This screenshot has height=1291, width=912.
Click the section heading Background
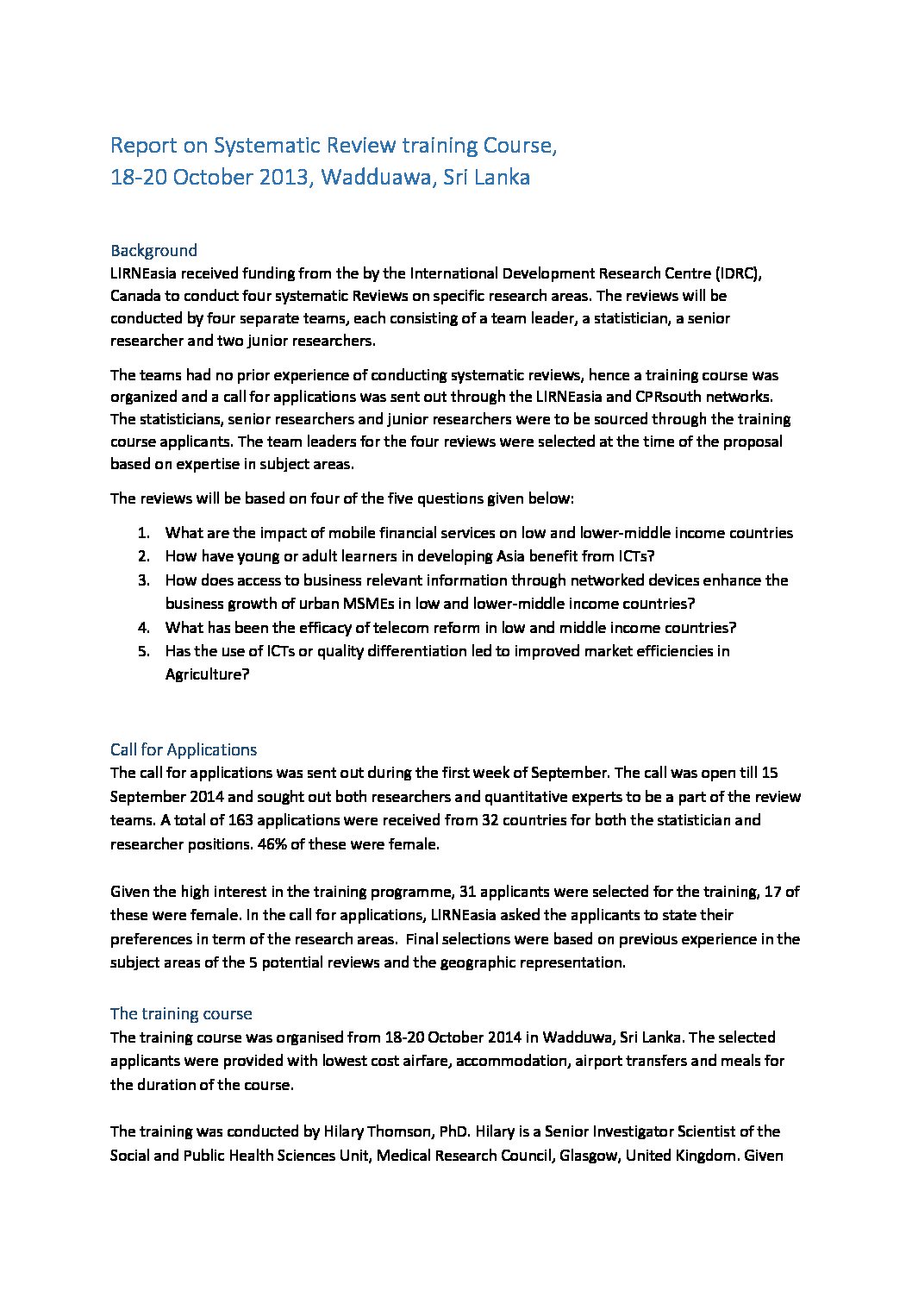click(x=153, y=251)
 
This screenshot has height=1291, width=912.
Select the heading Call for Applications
click(x=184, y=749)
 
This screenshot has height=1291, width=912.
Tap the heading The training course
click(x=181, y=1013)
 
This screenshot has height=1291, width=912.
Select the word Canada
click(x=135, y=296)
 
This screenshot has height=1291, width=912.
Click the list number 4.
click(x=144, y=628)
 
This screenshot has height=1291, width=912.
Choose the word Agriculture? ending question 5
click(x=207, y=674)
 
